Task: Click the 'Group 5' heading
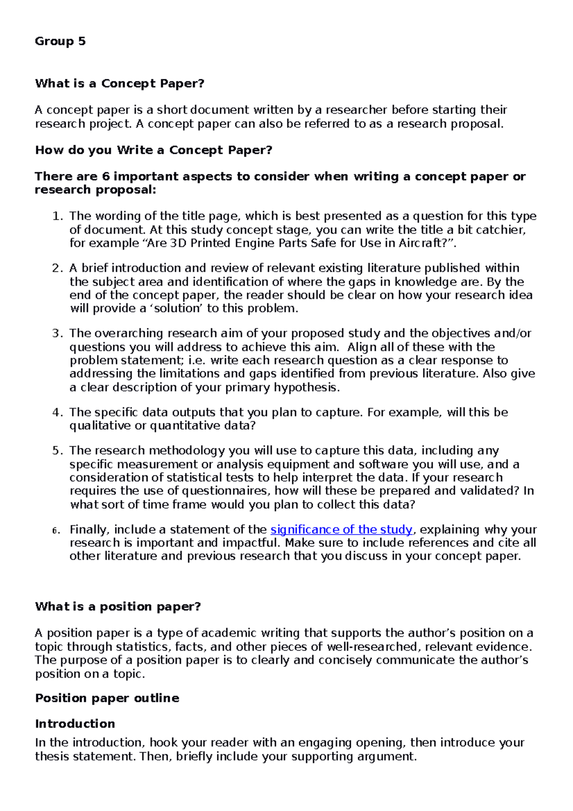click(x=60, y=42)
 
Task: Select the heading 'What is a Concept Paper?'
click(x=119, y=84)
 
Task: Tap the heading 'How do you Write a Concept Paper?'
click(x=153, y=150)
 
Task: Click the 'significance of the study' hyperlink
click(x=341, y=529)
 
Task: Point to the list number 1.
click(x=57, y=216)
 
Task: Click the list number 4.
click(x=57, y=412)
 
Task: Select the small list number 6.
click(x=56, y=530)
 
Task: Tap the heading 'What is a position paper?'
click(x=117, y=607)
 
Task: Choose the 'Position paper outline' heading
click(x=107, y=698)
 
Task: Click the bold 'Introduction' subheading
click(x=75, y=724)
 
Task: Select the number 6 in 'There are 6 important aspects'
click(x=106, y=177)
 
